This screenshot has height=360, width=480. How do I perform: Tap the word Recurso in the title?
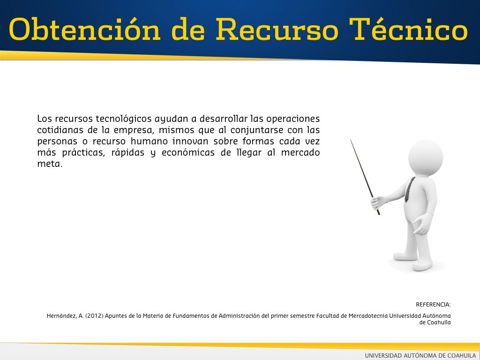coord(277,29)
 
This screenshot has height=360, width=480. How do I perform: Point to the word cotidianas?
coord(60,130)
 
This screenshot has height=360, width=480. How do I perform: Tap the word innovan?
coord(190,142)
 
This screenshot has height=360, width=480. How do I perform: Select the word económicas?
coord(188,152)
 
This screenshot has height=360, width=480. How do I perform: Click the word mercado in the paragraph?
coord(300,152)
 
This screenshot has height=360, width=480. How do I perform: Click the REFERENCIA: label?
coord(433,305)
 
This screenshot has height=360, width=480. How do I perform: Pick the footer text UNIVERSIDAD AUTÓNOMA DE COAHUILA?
coord(420,355)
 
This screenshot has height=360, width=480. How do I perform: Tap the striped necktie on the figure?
coord(410,190)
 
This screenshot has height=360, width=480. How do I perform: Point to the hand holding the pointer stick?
coord(377,202)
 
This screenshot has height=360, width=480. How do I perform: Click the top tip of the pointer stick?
coord(351,140)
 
